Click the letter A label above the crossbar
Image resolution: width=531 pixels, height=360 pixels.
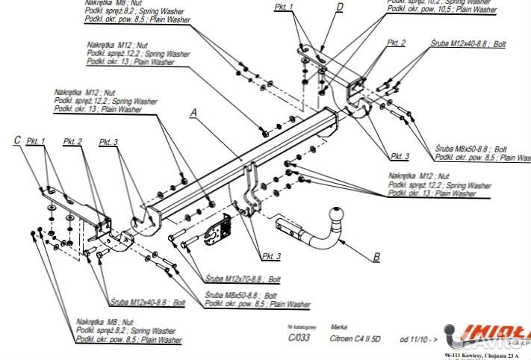tap(193, 113)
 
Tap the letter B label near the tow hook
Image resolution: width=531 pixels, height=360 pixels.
tap(376, 257)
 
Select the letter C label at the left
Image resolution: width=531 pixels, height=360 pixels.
tap(17, 139)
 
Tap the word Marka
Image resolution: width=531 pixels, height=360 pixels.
tap(339, 327)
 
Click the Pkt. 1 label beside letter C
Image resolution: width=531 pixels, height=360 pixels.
tap(36, 140)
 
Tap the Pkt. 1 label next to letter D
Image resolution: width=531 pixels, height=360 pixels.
tap(284, 7)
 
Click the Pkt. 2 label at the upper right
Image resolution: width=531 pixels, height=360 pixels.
tap(397, 43)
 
